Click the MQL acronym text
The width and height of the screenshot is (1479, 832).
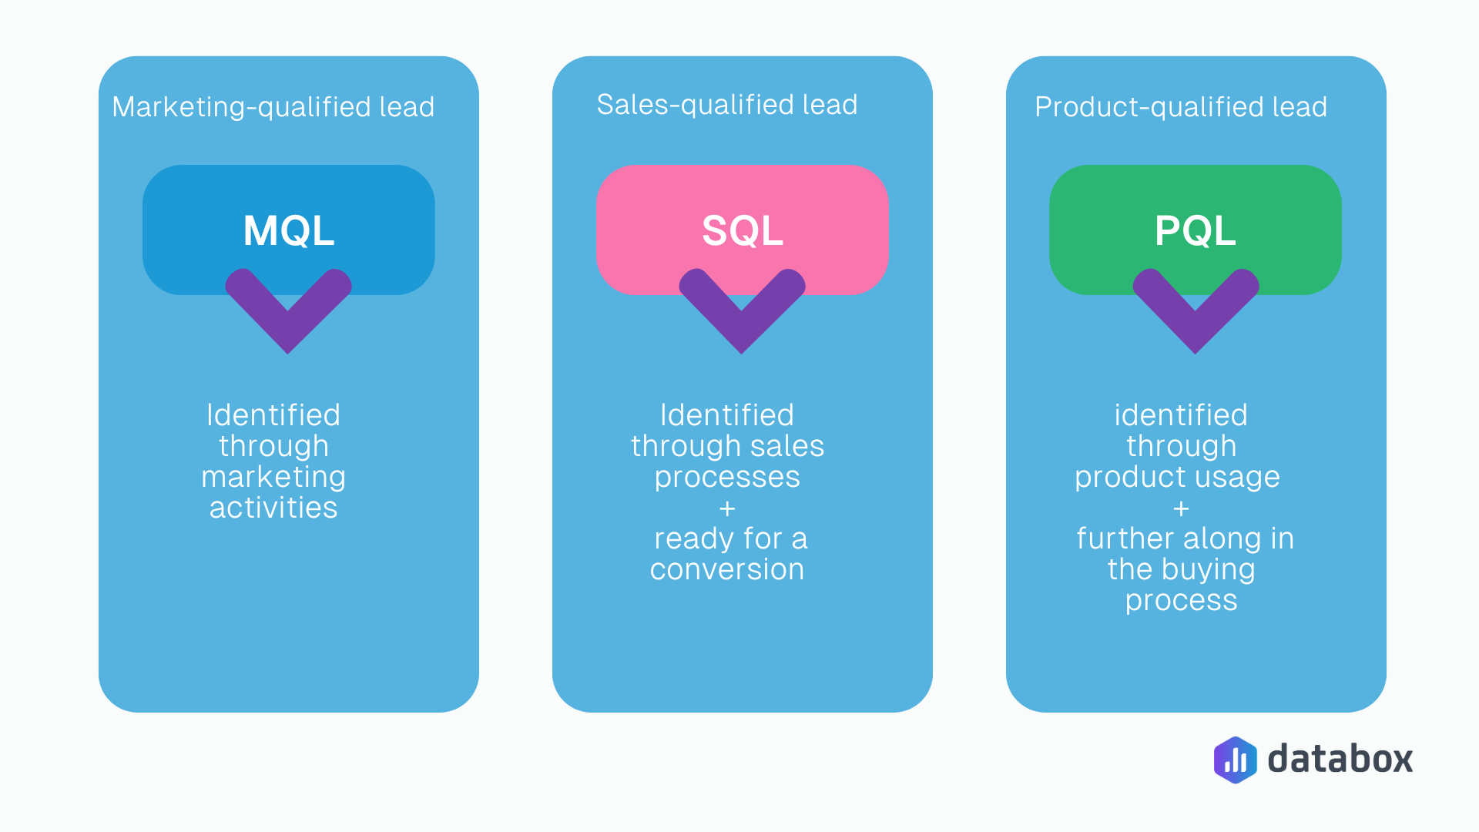point(289,230)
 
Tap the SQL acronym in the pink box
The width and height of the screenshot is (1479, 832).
point(742,230)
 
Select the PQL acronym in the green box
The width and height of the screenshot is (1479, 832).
point(1195,230)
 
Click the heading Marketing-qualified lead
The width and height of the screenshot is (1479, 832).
point(273,107)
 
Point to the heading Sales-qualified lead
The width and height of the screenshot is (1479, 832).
point(726,105)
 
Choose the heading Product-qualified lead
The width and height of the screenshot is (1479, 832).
point(1181,107)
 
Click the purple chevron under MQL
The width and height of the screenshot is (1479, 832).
point(288,312)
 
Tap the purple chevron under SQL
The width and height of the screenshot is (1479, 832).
point(742,312)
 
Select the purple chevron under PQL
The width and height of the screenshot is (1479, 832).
point(1196,312)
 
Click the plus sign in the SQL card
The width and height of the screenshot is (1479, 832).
point(727,508)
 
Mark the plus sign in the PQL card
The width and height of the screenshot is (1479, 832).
point(1181,508)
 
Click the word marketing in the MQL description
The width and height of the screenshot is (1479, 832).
point(273,478)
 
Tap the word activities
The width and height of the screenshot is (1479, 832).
point(273,508)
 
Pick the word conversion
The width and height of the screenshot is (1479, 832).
point(727,569)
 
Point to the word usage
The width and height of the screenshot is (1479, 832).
point(1242,478)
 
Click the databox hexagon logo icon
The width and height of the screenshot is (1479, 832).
point(1235,760)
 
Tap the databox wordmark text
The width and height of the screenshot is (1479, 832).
point(1340,759)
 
